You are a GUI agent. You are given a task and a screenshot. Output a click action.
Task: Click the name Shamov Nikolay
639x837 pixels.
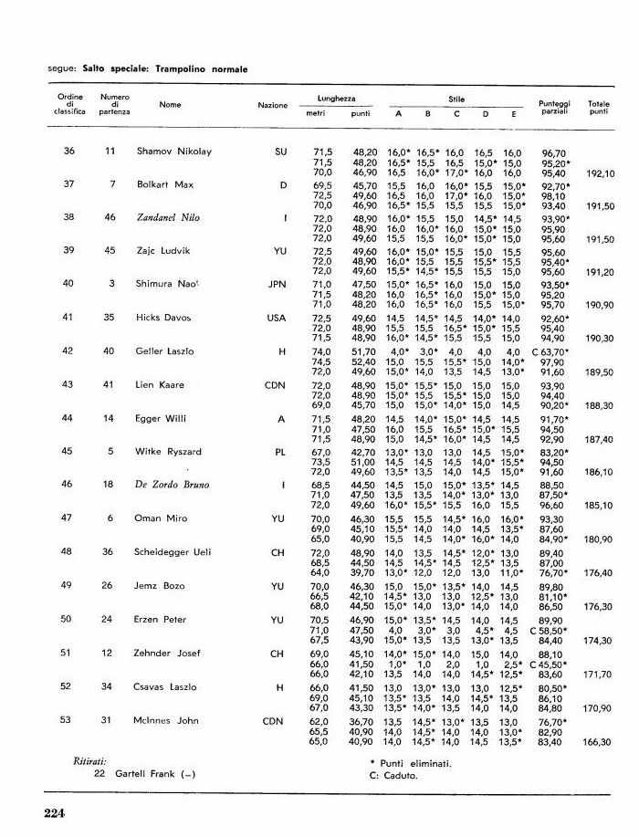coord(173,151)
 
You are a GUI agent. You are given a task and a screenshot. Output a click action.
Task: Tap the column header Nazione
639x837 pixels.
coord(272,105)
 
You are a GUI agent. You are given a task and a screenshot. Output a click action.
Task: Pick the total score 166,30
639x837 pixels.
coord(599,742)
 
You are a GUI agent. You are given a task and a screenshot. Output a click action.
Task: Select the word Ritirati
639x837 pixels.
coord(90,759)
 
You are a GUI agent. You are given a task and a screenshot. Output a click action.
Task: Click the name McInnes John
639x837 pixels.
coord(167,720)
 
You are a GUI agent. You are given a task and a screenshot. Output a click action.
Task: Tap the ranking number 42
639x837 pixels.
coord(68,351)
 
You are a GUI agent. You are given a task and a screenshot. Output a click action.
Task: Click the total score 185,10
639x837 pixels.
coord(599,505)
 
